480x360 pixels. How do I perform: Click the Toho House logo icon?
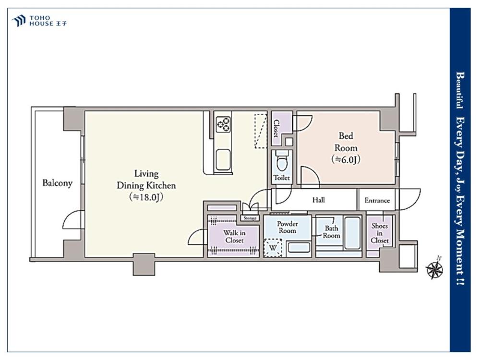coord(18,21)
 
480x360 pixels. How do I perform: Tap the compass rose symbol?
coord(434,269)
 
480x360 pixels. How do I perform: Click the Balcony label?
coord(57,183)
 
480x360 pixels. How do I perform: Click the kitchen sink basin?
coord(223,160)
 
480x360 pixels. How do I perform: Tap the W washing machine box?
coord(273,247)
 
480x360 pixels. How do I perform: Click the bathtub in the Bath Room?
coord(352,233)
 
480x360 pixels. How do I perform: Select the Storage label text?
coord(250,218)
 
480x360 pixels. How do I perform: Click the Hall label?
coord(318,200)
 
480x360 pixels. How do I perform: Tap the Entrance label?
coord(377,201)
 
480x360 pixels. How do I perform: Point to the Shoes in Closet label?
coord(380,233)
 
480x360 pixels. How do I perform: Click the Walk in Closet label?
coord(234,237)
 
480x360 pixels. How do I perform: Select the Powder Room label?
coord(287,227)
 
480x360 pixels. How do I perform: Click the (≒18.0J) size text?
coord(146,197)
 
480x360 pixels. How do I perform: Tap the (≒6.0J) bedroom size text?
coord(346,159)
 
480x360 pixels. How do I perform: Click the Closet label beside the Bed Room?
coord(276,128)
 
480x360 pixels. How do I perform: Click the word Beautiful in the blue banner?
coord(460,90)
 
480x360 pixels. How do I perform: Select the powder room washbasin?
coord(299,248)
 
